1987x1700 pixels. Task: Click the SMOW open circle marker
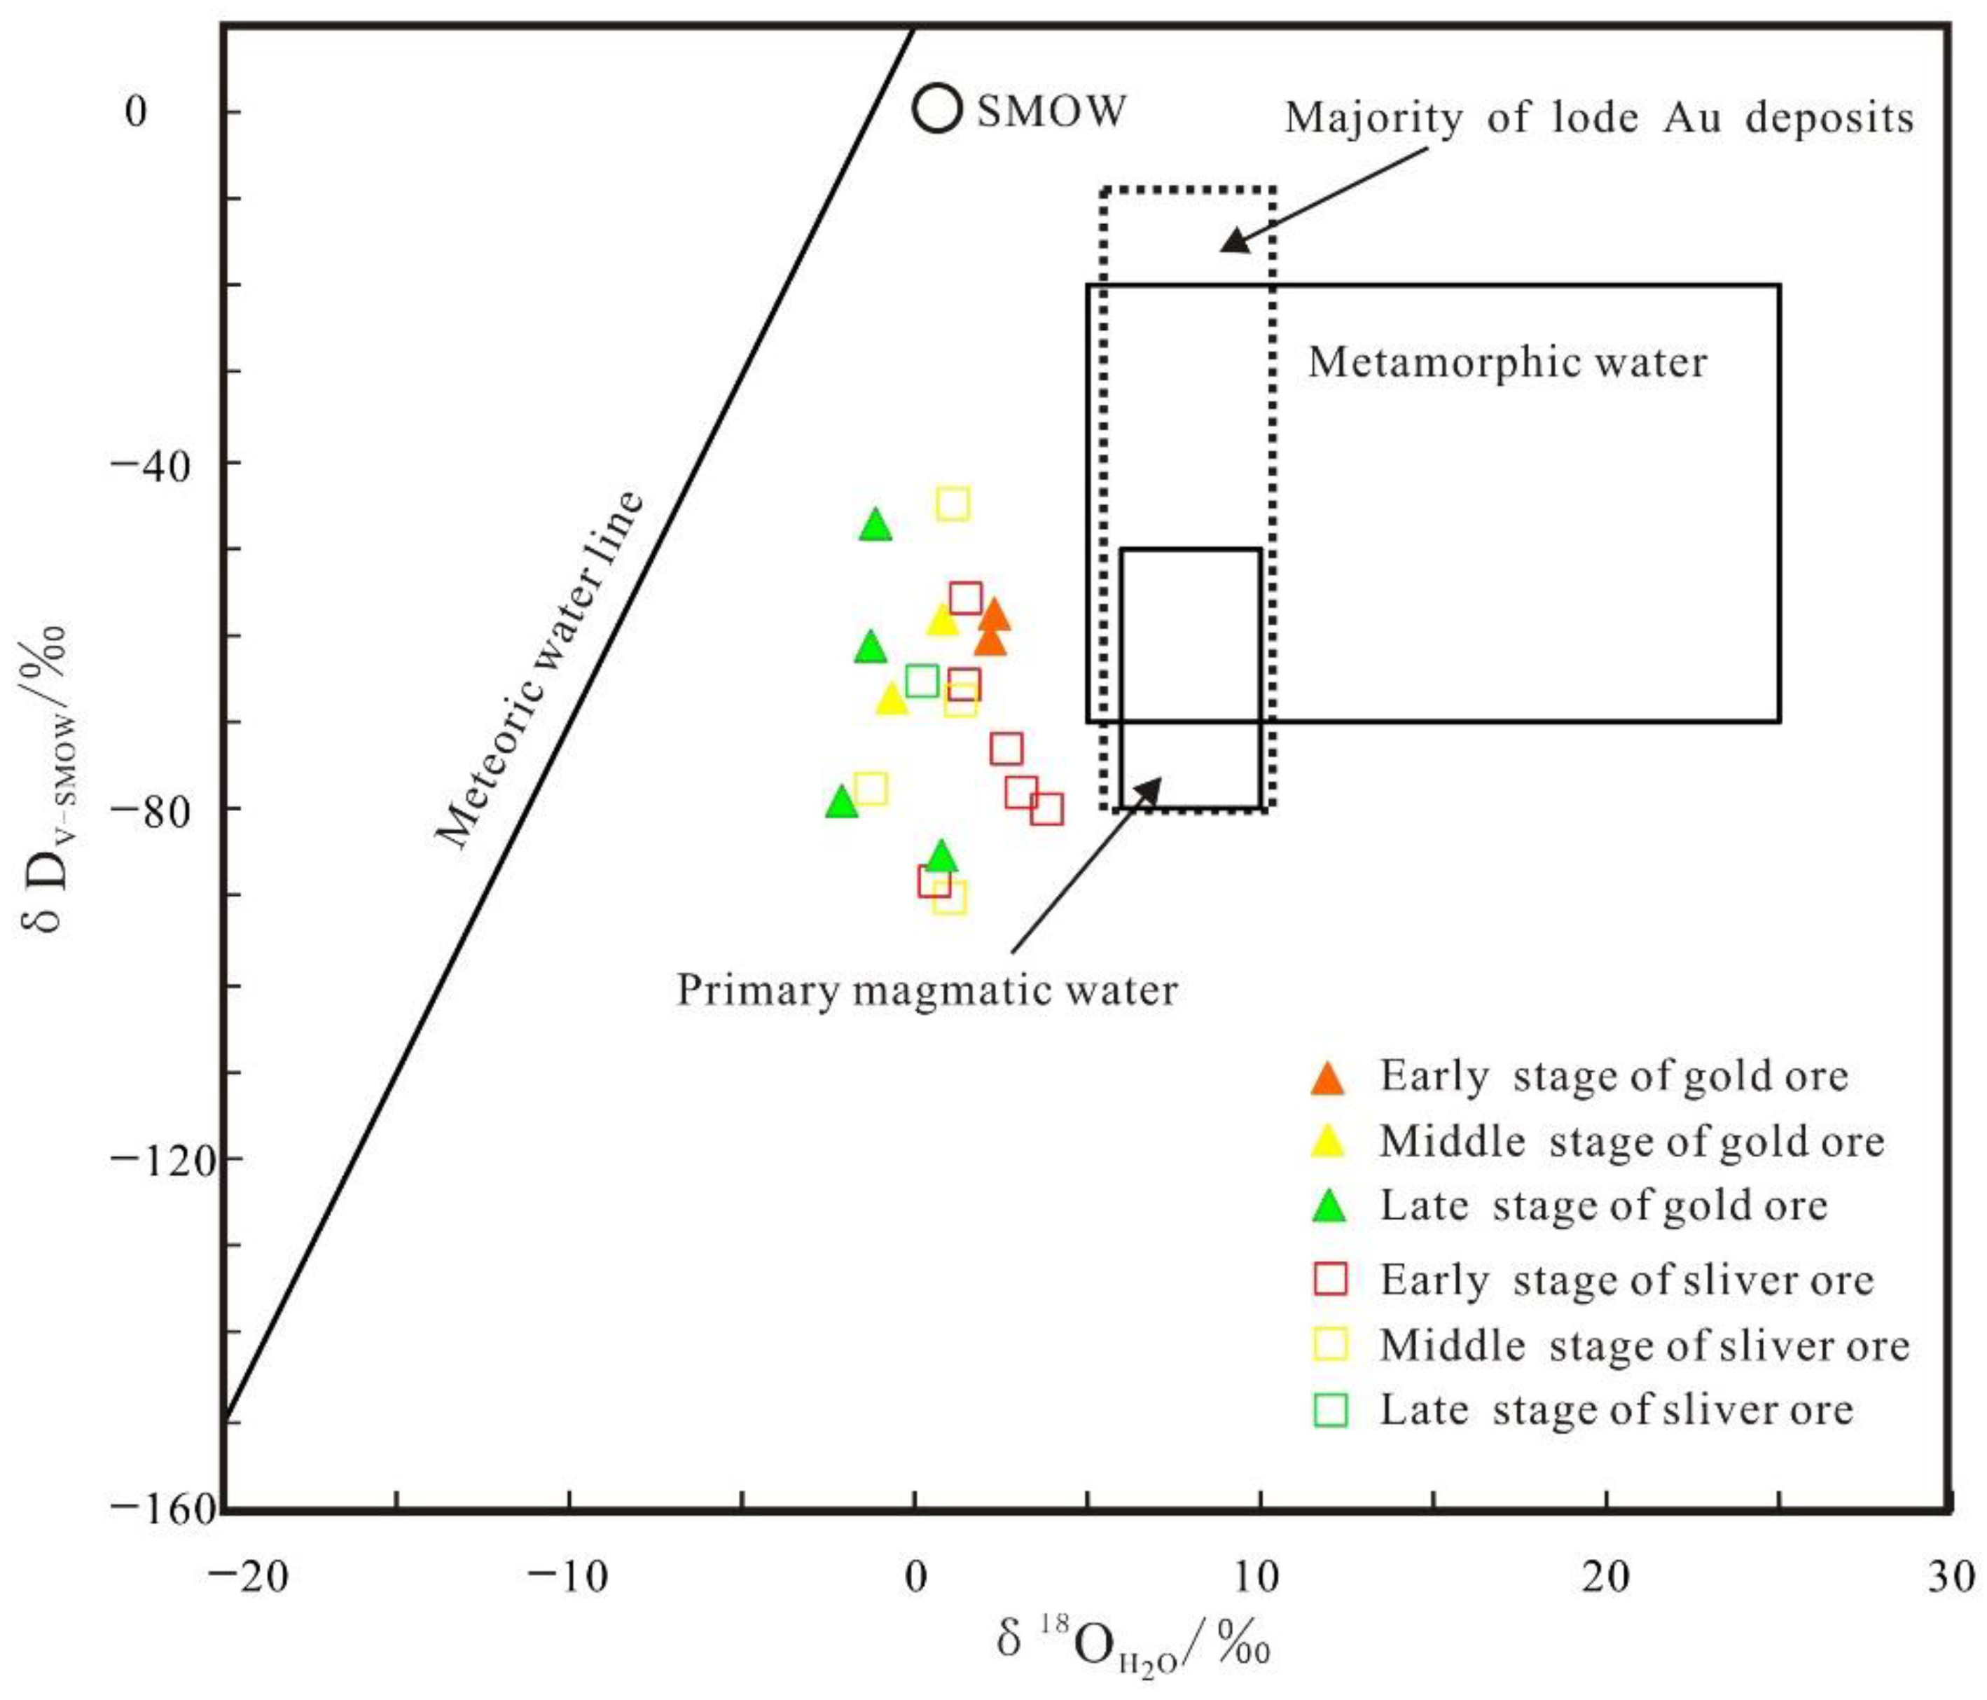[x=937, y=109]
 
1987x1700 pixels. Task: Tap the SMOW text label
[x=1051, y=111]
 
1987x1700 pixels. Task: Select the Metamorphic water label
[x=1507, y=362]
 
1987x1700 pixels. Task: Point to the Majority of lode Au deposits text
[x=1598, y=118]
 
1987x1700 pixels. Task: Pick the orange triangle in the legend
[x=1328, y=1079]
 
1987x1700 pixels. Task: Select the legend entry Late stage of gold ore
[x=1603, y=1206]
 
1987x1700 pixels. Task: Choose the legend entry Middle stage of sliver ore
[x=1645, y=1346]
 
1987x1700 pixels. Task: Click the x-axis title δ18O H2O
[x=1133, y=1643]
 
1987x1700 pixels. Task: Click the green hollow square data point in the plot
[x=922, y=681]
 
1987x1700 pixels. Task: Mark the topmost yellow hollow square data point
[x=953, y=504]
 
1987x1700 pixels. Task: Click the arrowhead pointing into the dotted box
[x=1233, y=241]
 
